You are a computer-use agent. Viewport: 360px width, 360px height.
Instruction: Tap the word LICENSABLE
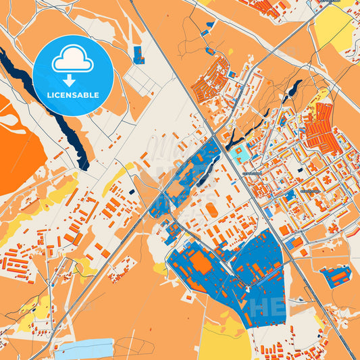(x=73, y=95)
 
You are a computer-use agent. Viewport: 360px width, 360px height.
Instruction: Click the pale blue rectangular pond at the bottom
(x=84, y=348)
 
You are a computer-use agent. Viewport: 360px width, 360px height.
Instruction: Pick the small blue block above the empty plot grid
(x=138, y=55)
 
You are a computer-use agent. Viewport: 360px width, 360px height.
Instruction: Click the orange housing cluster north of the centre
(x=213, y=81)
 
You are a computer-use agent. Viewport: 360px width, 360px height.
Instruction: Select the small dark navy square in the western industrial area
(x=131, y=191)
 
